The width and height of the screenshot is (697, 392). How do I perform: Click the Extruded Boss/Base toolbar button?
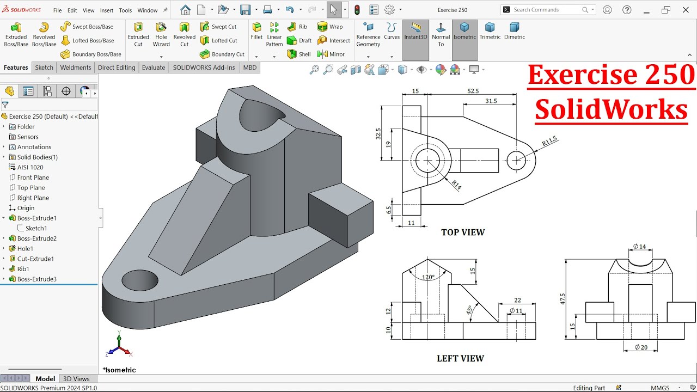16,34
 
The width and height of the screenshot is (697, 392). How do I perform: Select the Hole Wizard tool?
161,34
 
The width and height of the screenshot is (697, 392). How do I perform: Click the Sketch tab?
44,68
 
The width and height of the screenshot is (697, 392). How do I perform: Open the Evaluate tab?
154,68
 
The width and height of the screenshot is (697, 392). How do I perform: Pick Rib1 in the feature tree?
23,269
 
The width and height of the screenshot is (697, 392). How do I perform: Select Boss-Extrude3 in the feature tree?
36,279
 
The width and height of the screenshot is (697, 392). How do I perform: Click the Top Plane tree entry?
31,188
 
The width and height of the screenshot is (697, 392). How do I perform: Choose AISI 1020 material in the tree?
30,167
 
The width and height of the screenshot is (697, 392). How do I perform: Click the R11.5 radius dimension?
549,142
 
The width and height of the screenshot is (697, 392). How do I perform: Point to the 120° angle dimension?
428,277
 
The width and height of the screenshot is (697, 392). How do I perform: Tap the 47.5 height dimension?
563,298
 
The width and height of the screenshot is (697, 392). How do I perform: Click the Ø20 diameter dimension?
641,347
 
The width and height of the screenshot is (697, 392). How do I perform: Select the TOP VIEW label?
462,232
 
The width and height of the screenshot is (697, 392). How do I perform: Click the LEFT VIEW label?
460,358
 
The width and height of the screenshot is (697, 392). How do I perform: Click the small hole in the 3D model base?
140,280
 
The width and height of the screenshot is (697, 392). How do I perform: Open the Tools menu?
125,10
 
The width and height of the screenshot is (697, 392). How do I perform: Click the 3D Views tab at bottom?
76,379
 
